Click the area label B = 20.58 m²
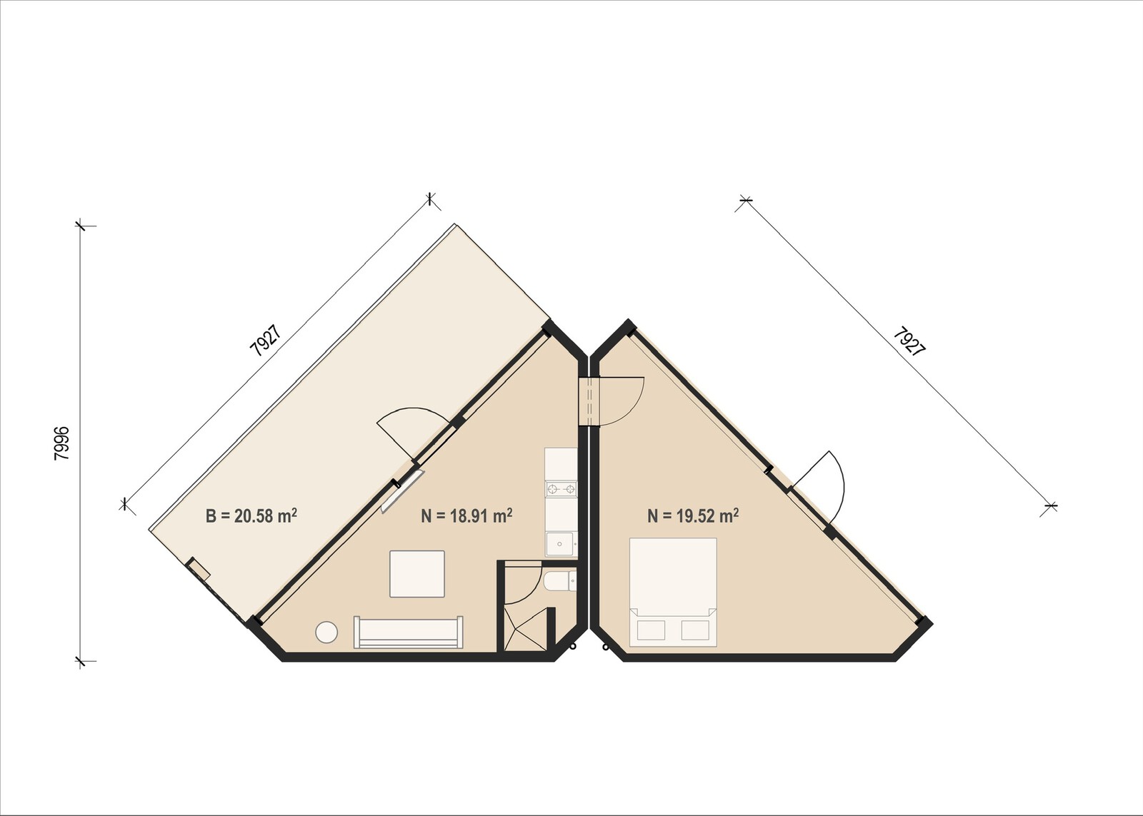251,515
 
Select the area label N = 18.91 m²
466,515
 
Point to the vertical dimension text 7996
62,443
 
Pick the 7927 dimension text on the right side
909,341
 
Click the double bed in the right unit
673,591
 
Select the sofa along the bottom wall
409,633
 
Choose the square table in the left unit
417,573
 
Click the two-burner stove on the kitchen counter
561,489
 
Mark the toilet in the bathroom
557,582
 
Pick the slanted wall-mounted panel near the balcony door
403,491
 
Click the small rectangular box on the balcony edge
198,569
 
